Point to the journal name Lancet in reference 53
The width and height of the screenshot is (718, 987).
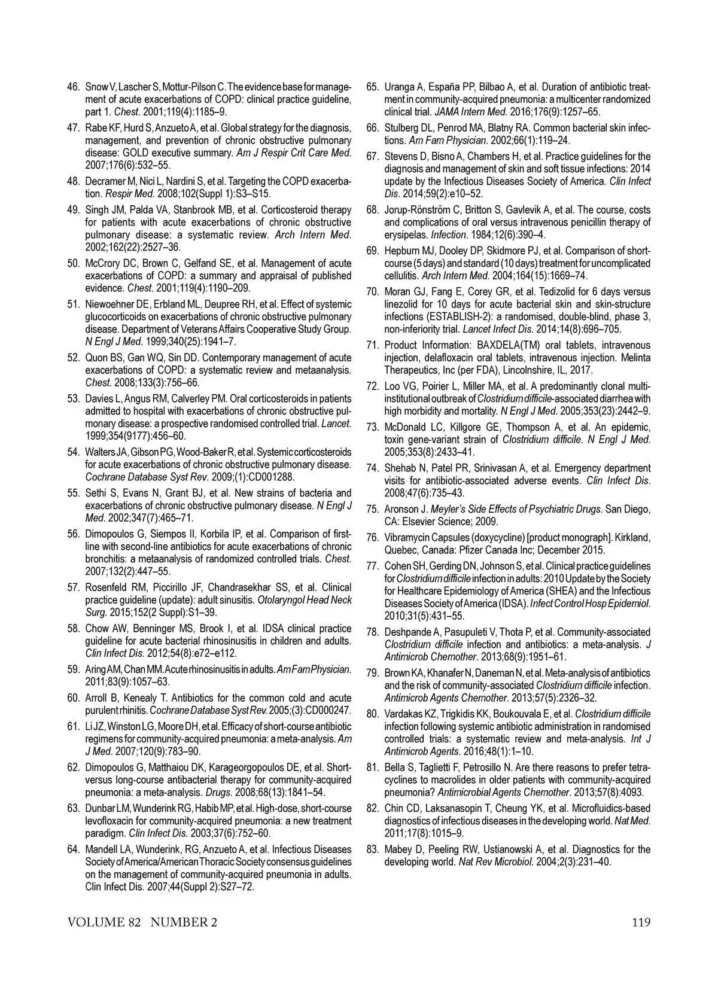(336, 424)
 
